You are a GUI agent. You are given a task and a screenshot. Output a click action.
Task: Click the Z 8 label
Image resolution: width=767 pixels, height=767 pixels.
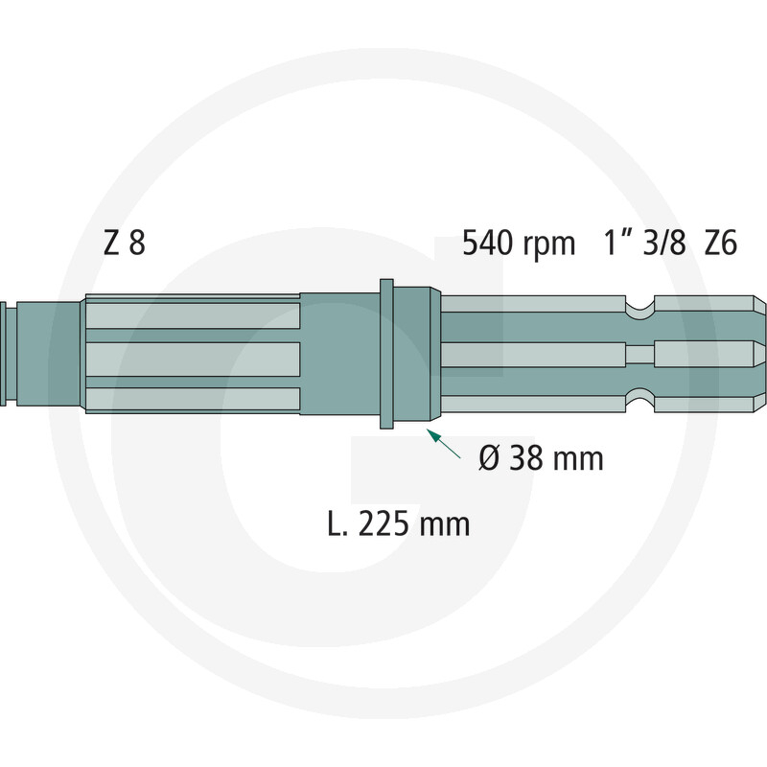[x=124, y=244]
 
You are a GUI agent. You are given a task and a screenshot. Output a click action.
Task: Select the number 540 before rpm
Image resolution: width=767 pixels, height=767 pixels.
[x=493, y=244]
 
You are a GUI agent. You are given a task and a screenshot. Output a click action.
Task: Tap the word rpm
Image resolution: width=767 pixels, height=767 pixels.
[x=550, y=246]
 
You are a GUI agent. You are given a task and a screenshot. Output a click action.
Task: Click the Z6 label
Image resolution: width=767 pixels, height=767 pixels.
[x=720, y=244]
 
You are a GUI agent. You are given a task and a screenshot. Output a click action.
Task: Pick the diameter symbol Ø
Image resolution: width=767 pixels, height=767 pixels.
[x=489, y=458]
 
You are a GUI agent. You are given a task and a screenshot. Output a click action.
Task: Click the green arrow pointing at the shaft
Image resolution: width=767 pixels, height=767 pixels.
[x=440, y=442]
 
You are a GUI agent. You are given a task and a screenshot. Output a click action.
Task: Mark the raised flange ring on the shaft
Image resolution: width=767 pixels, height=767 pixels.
[x=386, y=354]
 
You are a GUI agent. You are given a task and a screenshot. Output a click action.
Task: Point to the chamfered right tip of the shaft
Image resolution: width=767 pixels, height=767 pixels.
[x=759, y=354]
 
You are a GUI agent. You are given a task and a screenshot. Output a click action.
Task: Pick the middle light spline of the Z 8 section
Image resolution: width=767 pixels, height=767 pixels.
[x=192, y=359]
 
